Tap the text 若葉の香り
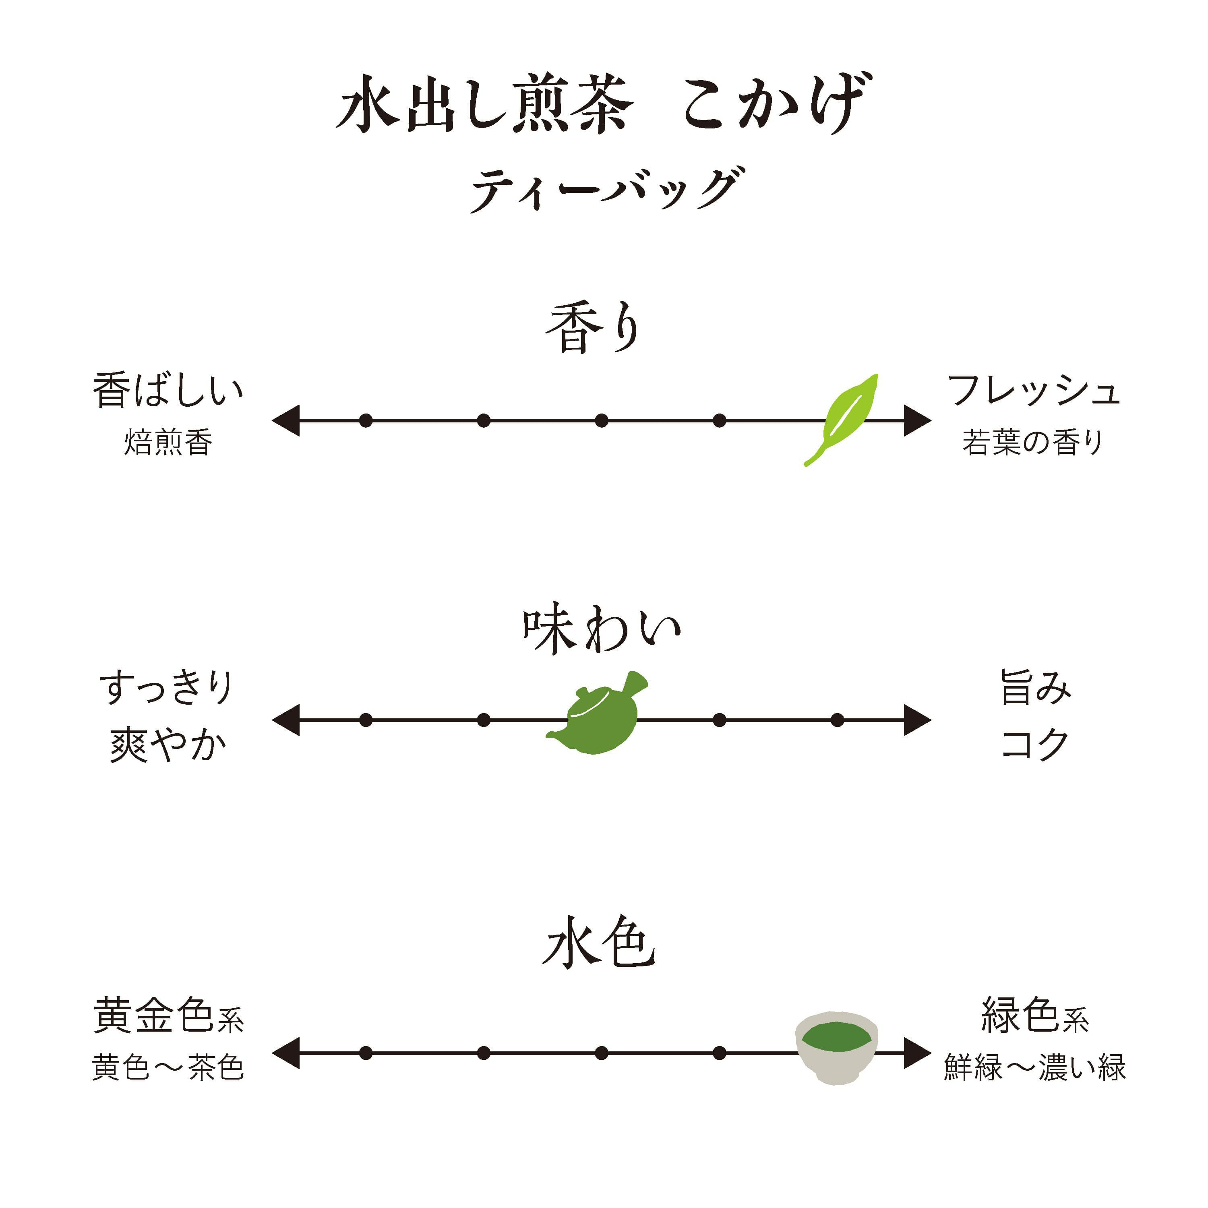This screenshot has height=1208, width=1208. pyautogui.click(x=1032, y=443)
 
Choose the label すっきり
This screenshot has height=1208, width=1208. pyautogui.click(x=166, y=687)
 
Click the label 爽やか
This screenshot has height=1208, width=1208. pyautogui.click(x=168, y=745)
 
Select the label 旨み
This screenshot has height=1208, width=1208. pyautogui.click(x=1035, y=687)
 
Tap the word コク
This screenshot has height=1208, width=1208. pyautogui.click(x=1035, y=745)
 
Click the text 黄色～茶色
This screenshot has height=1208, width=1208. pyautogui.click(x=168, y=1067)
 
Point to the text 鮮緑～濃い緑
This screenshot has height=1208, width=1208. pyautogui.click(x=1035, y=1067)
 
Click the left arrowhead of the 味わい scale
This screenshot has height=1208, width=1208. pyautogui.click(x=286, y=720)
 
